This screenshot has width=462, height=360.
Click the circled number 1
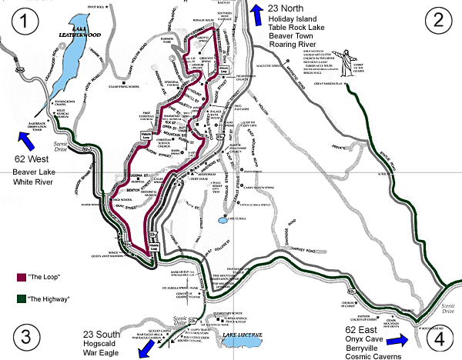click(x=29, y=22)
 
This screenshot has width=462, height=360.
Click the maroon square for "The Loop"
click(x=20, y=275)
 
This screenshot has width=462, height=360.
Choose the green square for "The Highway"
click(x=20, y=297)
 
